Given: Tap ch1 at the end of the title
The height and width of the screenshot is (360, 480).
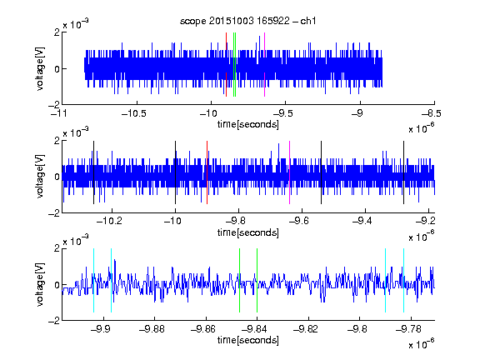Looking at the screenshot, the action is pos(308,21).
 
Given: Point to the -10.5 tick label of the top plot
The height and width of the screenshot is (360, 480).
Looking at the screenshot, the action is pos(134,113).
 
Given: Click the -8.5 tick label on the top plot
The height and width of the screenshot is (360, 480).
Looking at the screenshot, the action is pos(432,113).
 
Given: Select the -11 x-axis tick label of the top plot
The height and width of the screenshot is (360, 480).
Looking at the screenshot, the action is pos(58,113).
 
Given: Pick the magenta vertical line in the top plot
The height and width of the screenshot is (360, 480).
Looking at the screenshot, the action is pos(264,65).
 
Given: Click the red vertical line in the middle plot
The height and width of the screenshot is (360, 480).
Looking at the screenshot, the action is pos(207,172).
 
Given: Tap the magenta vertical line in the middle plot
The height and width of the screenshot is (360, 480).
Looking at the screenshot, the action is pos(289,172).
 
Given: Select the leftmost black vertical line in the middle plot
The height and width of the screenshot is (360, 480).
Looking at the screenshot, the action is pos(93,172).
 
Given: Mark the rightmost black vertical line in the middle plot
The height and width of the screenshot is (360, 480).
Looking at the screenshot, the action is pos(403,172).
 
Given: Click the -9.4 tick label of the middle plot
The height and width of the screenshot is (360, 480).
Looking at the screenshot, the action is pos(362,221).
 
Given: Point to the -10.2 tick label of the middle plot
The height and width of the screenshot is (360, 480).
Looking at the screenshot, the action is pos(109,221).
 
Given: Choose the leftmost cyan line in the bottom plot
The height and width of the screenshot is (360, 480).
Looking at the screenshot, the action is pos(93,280).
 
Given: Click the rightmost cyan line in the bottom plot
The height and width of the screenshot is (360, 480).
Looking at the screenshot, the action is pos(403,280).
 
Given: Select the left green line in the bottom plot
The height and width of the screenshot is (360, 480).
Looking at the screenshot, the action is pos(239,280).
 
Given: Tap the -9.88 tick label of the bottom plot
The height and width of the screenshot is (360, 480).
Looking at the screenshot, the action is pos(152,329).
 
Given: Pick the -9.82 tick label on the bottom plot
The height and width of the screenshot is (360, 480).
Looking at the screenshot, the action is pos(306,329).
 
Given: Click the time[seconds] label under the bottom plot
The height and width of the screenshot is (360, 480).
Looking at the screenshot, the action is pos(248,340).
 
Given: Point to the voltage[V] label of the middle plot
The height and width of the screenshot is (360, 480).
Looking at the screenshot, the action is pos(40,176).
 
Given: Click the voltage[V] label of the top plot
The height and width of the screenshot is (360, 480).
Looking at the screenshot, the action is pos(40,68).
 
